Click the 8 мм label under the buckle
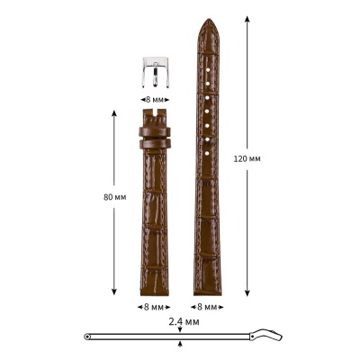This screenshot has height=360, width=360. pyautogui.click(x=154, y=100)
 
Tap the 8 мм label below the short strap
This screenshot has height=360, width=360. pyautogui.click(x=154, y=306)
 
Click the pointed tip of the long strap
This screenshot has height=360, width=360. pyautogui.click(x=207, y=22)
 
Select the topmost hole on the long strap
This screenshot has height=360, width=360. pyautogui.click(x=207, y=68)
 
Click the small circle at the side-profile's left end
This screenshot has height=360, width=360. pyautogui.click(x=87, y=337)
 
